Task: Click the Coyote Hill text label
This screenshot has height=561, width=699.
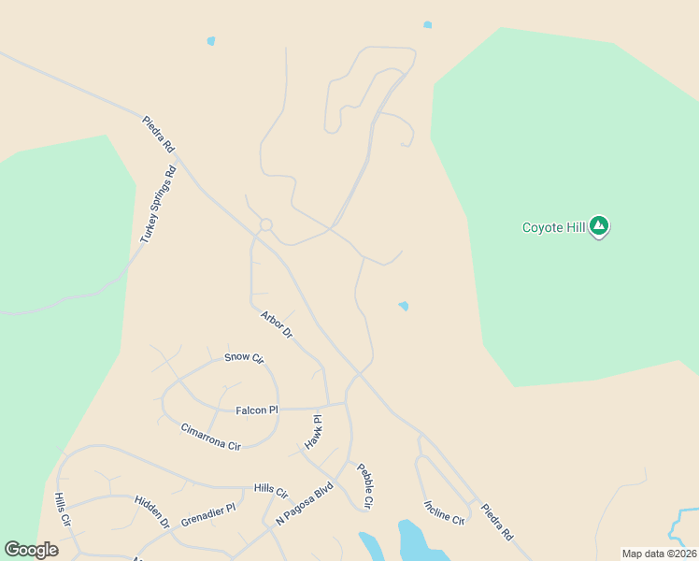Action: click(x=552, y=227)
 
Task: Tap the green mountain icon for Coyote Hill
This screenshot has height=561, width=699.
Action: click(x=599, y=225)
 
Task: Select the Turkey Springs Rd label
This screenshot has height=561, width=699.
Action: click(x=158, y=206)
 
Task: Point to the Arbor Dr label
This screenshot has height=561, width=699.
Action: click(x=277, y=324)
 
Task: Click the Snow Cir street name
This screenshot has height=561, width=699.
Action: click(x=245, y=357)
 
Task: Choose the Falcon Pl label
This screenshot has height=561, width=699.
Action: click(x=257, y=410)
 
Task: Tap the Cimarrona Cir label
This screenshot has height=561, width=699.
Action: click(x=210, y=436)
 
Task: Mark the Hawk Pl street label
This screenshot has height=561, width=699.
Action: click(x=313, y=432)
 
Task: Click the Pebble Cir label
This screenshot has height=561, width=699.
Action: click(x=364, y=484)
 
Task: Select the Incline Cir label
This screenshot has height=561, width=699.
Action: click(x=444, y=511)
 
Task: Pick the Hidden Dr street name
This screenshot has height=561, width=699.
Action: click(x=152, y=512)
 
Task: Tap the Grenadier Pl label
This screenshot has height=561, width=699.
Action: click(x=208, y=514)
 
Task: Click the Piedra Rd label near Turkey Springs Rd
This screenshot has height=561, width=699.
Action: click(x=158, y=134)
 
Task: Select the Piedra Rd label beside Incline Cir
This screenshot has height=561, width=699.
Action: click(x=496, y=523)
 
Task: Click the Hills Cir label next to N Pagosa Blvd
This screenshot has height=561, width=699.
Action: click(x=271, y=490)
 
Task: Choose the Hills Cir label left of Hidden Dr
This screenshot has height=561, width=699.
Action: click(x=62, y=509)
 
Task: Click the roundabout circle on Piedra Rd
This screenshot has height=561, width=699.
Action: click(x=265, y=224)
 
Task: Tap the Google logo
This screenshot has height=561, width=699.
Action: click(x=31, y=550)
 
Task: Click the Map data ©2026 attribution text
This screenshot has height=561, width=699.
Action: click(x=659, y=554)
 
